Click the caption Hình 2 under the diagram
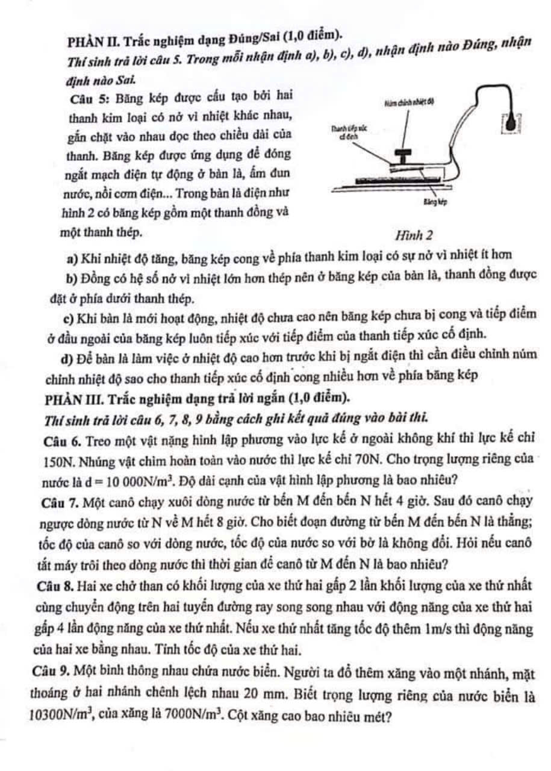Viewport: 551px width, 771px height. click(412, 234)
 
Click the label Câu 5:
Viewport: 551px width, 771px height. click(88, 95)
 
